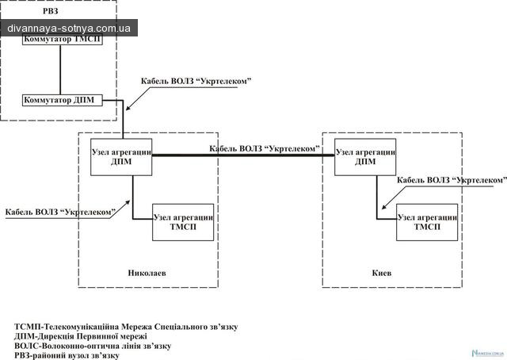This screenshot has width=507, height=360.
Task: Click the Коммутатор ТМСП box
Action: tap(63, 42)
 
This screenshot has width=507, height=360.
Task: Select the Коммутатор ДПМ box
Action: tap(63, 101)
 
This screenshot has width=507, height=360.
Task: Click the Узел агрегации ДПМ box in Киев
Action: tap(365, 156)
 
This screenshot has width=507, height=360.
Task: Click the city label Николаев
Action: tap(147, 273)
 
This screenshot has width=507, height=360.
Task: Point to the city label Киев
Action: tap(382, 273)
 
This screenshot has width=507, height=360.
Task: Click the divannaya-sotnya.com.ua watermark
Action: tap(69, 28)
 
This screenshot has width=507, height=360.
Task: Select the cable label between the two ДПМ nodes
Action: tap(265, 148)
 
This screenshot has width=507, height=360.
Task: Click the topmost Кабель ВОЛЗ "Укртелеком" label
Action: tap(196, 81)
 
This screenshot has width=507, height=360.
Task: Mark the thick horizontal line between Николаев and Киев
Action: tap(243, 156)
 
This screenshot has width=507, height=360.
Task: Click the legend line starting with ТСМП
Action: tap(126, 327)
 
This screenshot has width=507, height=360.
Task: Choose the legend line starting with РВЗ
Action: tap(67, 355)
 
